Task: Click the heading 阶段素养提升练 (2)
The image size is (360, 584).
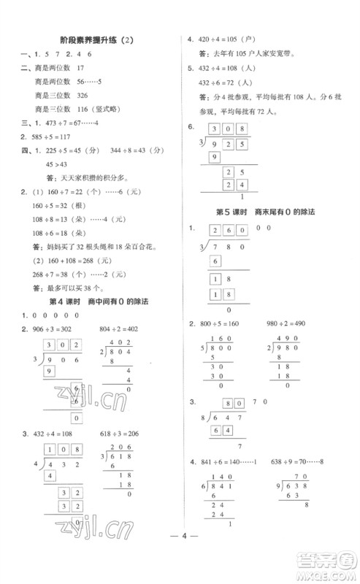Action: click(x=95, y=42)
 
